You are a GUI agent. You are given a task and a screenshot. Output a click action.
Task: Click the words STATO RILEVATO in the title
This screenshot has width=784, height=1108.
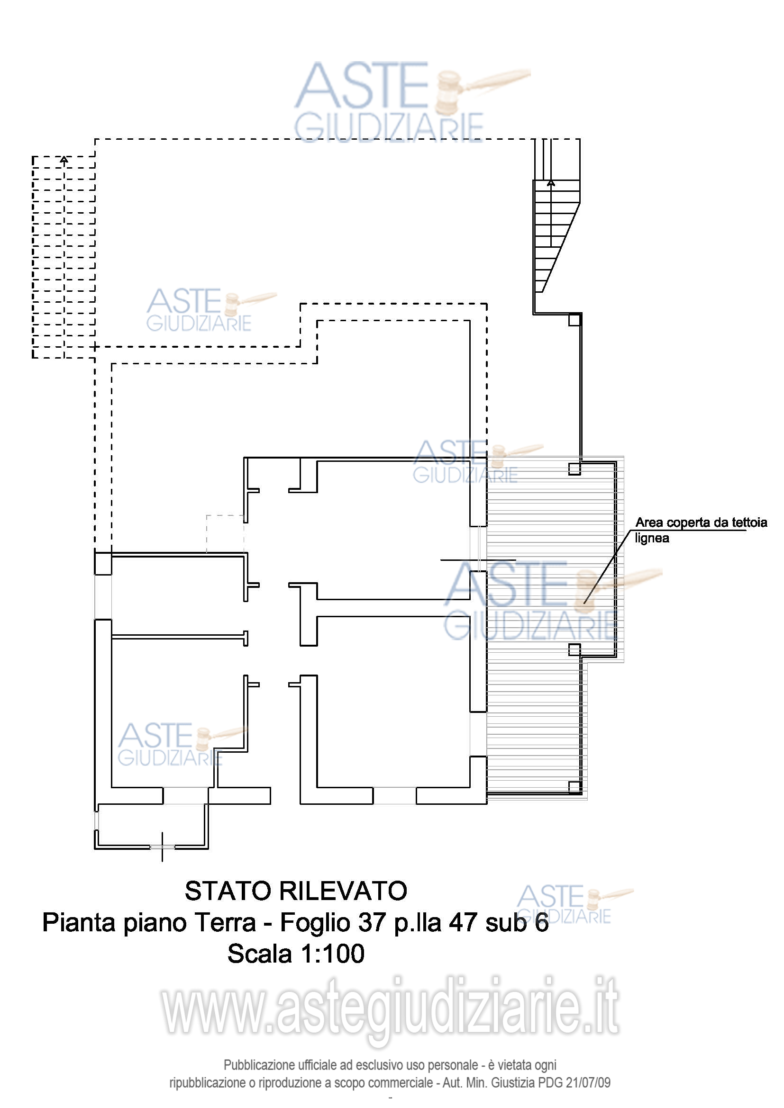[296, 891]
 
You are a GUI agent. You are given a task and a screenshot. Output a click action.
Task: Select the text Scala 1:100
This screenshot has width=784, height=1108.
[296, 954]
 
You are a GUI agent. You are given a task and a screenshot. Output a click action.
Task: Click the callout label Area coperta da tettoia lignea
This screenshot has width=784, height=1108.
[701, 530]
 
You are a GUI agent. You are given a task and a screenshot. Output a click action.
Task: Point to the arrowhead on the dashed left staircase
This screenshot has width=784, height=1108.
[64, 159]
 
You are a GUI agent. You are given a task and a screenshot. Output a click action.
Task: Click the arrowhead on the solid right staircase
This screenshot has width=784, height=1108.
[551, 183]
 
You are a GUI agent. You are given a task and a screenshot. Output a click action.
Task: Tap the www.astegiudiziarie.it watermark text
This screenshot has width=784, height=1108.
[390, 1007]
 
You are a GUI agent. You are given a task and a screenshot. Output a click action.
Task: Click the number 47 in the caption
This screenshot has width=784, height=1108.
[464, 922]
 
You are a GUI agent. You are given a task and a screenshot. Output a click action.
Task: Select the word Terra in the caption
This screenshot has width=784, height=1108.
[225, 922]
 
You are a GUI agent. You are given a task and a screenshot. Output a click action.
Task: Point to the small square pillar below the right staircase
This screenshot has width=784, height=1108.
[574, 320]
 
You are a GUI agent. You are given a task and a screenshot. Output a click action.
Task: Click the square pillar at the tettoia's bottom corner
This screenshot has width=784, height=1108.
[574, 787]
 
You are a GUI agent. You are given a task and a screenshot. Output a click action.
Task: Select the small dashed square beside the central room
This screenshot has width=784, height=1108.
[225, 533]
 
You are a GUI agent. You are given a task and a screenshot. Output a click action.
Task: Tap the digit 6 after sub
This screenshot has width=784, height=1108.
[542, 922]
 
